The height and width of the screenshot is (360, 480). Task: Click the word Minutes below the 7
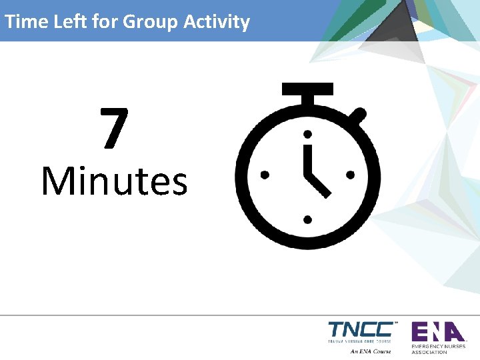(114, 181)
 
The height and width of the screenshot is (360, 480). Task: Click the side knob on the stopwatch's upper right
(358, 115)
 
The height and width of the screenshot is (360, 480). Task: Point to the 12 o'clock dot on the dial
(307, 133)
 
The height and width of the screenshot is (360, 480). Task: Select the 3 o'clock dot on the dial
(350, 175)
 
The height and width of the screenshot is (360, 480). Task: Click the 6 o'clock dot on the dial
(307, 218)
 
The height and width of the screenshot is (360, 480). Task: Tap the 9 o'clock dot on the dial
(265, 175)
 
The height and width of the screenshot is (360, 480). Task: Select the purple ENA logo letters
(437, 331)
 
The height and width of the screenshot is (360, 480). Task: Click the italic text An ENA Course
(370, 351)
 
